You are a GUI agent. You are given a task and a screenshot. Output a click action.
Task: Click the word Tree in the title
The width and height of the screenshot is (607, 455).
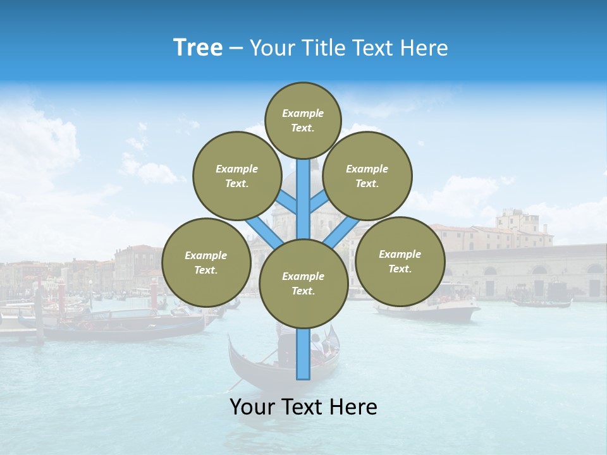pyautogui.click(x=198, y=48)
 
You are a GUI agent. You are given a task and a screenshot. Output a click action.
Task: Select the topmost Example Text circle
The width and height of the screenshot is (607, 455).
pyautogui.click(x=303, y=120)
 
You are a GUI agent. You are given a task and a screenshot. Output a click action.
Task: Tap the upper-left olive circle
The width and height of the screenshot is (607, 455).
pyautogui.click(x=236, y=176)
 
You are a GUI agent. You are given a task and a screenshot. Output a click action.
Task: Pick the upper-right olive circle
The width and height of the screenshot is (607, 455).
pyautogui.click(x=367, y=176)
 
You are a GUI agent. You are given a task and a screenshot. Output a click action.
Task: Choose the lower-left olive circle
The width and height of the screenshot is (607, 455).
pyautogui.click(x=205, y=263)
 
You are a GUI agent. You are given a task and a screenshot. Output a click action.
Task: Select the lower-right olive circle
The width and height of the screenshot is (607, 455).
pyautogui.click(x=400, y=262)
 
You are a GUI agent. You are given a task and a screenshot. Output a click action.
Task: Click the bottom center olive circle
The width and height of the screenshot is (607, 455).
pyautogui.click(x=303, y=284)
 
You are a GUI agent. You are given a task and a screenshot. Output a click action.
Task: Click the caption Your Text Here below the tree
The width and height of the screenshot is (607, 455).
pyautogui.click(x=303, y=407)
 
